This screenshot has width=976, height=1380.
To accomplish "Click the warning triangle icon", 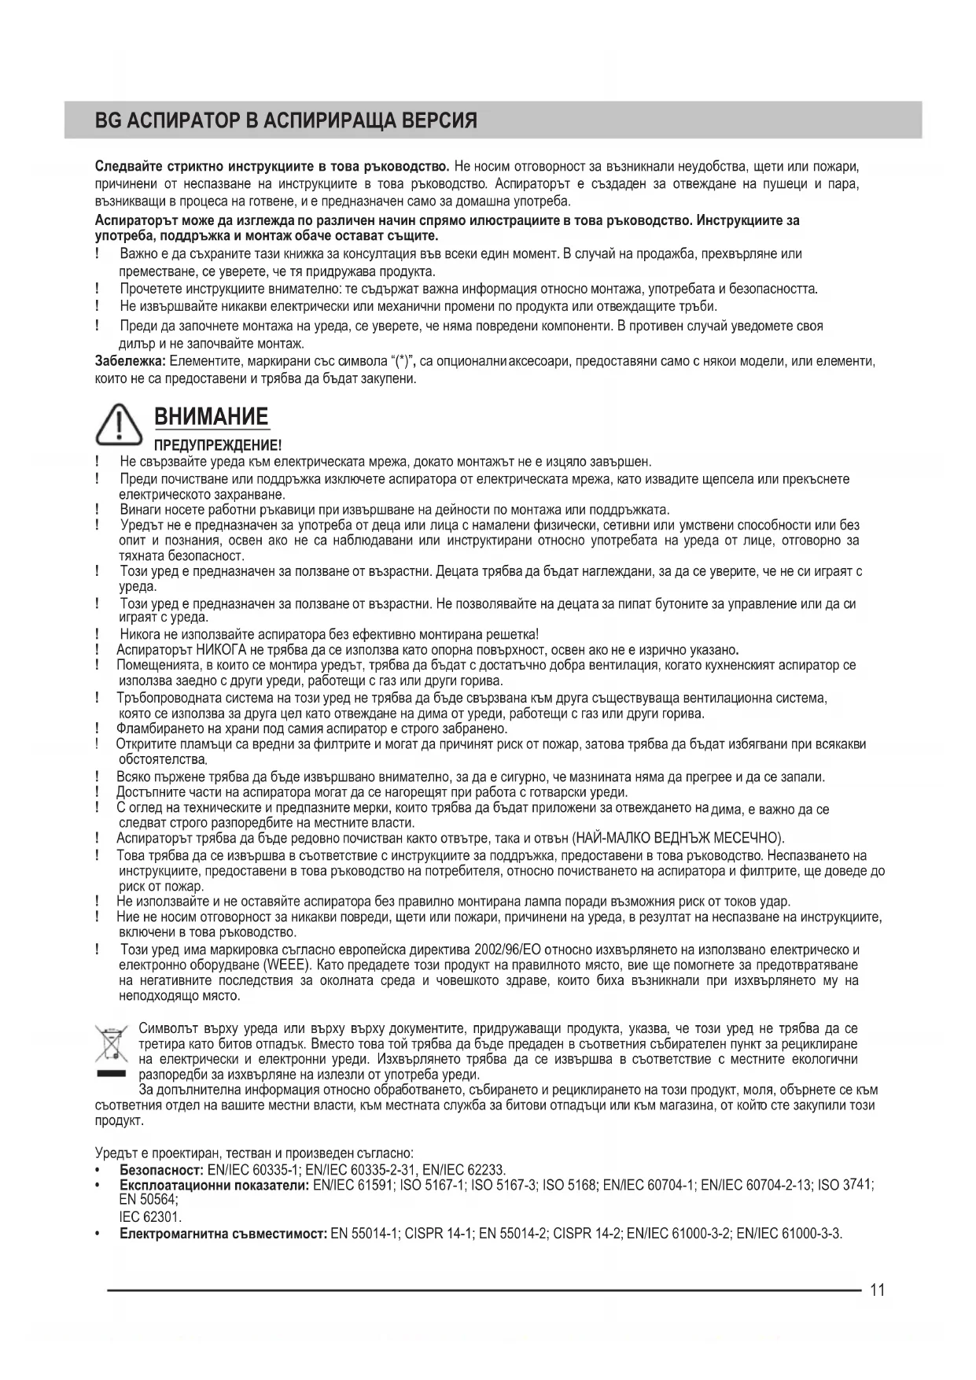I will tap(118, 425).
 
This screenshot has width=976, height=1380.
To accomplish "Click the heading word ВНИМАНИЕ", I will tap(211, 416).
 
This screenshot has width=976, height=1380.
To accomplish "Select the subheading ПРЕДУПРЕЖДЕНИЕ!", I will tap(217, 445).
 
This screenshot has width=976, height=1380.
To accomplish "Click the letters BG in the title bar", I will tap(105, 121).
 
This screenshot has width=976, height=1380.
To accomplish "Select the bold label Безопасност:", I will tap(161, 1170).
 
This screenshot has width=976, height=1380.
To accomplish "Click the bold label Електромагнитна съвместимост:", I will tap(223, 1233).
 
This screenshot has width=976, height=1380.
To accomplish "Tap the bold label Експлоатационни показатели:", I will tap(214, 1186).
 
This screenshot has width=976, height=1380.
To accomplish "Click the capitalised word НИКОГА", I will tap(223, 650).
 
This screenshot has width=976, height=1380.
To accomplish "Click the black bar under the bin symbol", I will tap(111, 1074).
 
